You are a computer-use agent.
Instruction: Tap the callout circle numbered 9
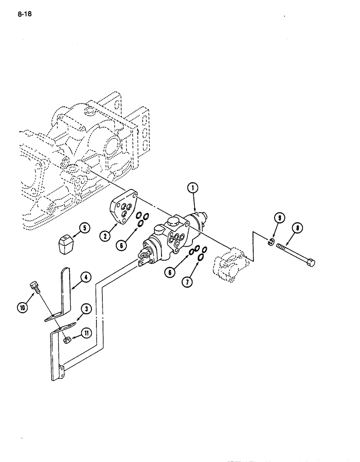277,218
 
